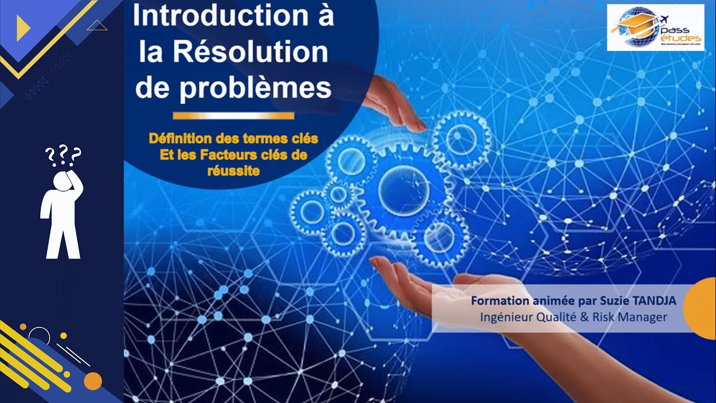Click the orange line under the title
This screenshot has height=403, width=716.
coord(233,116)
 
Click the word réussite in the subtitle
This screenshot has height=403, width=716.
coord(233,171)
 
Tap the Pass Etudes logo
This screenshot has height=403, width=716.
coord(655,27)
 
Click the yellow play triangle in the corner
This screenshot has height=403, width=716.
coord(23,28)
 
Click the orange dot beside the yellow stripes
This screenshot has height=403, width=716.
coord(93,381)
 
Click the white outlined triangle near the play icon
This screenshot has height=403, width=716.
coord(97,25)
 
